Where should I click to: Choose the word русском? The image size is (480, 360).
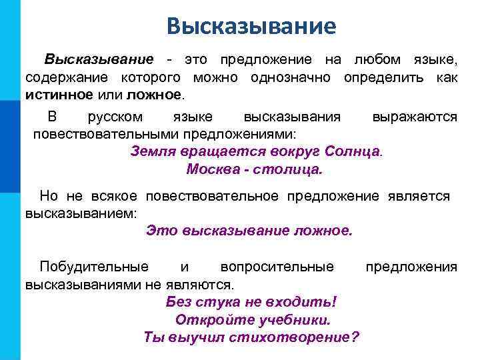[115, 117]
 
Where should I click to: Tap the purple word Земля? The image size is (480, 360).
[153, 150]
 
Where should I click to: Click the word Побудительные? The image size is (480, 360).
[94, 267]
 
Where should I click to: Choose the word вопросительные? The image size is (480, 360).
[277, 267]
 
